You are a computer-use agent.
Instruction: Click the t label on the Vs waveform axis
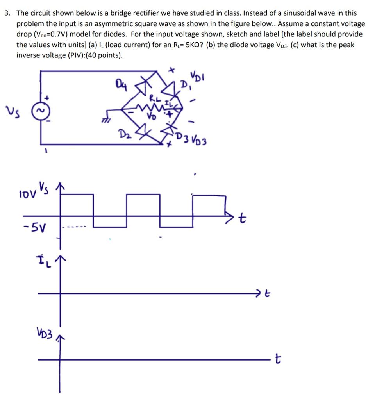point(242,220)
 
